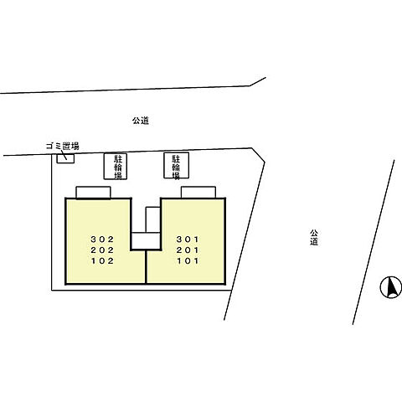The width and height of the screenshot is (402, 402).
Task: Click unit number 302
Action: tap(102, 240)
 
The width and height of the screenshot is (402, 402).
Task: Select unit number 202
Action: tap(102, 250)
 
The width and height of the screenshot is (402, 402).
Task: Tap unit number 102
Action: tap(102, 260)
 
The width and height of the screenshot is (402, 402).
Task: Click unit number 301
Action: tap(188, 240)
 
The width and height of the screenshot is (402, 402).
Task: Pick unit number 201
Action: tap(188, 250)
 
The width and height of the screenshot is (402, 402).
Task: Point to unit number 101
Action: tap(188, 260)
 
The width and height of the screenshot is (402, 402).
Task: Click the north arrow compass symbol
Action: tap(390, 287)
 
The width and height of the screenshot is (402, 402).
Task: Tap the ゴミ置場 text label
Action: tap(63, 146)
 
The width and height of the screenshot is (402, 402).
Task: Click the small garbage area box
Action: tap(65, 158)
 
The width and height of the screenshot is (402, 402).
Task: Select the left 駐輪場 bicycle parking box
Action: tap(116, 167)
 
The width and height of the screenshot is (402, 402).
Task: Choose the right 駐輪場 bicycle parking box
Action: tap(176, 165)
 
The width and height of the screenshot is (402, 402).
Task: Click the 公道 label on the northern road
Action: tap(141, 121)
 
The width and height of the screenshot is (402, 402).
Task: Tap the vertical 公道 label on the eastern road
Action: tap(314, 237)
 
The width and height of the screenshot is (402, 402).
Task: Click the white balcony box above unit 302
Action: tap(93, 193)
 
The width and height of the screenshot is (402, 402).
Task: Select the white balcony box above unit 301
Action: tap(198, 193)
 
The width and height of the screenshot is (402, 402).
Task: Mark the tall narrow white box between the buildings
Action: tap(153, 219)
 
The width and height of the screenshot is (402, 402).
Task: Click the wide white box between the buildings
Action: tap(146, 240)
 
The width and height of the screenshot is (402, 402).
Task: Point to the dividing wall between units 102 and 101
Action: tap(146, 267)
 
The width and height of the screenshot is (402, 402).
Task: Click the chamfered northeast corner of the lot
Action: tap(258, 155)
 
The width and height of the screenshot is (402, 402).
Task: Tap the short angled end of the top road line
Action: tap(258, 81)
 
